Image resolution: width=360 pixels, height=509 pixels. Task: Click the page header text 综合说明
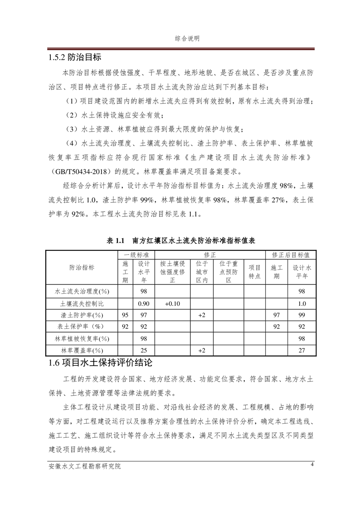[x=187, y=39]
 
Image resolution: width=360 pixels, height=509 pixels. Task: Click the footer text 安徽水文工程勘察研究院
[x=85, y=466]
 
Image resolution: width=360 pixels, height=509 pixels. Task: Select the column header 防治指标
[x=82, y=268]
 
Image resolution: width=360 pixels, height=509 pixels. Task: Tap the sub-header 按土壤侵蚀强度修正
[x=173, y=272]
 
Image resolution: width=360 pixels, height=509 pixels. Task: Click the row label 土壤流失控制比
[x=82, y=303]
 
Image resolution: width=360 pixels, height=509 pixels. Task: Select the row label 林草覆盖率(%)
[x=82, y=350]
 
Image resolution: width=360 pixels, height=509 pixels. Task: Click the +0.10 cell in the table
[x=173, y=303]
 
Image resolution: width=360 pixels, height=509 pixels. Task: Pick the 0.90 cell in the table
[x=144, y=303]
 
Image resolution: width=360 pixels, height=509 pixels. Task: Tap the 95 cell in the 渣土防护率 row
[x=125, y=315]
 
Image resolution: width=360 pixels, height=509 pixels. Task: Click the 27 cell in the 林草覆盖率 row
[x=302, y=350]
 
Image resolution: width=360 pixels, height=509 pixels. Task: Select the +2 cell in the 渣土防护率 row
[x=202, y=315]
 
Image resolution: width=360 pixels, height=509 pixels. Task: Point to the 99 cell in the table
[x=302, y=315]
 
